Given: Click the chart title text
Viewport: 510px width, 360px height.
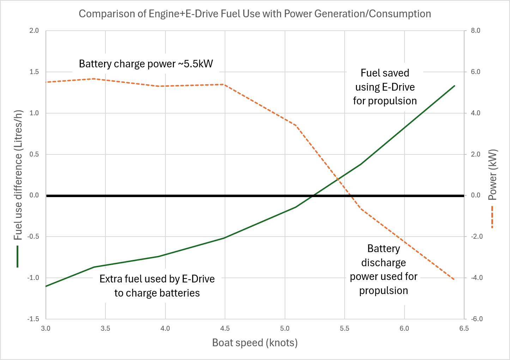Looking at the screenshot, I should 255,14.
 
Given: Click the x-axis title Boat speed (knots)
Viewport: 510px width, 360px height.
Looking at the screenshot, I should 255,342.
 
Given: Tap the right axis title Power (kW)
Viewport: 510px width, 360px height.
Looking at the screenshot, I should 492,175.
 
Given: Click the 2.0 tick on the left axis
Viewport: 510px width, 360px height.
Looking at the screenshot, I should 34,31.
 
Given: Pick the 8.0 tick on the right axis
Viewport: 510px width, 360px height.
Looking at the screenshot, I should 475,31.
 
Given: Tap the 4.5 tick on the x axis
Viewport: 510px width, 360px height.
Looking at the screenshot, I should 225,329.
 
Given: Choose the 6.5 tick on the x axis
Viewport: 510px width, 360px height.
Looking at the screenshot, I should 464,329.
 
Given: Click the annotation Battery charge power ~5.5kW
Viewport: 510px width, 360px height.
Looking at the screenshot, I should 146,64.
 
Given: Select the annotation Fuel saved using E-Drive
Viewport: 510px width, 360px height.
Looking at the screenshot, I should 385,87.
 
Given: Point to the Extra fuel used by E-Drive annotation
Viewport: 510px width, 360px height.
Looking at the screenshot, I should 157,286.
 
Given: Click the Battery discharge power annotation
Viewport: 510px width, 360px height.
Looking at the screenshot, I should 383,269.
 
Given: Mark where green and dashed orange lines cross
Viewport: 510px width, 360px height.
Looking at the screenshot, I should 338,179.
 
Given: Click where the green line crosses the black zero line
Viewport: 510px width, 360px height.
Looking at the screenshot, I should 312,196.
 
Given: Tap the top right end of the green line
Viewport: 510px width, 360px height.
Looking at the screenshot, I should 454,86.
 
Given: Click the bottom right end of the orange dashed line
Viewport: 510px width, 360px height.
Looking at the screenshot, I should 454,280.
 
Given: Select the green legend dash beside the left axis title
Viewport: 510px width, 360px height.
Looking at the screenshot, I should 17,256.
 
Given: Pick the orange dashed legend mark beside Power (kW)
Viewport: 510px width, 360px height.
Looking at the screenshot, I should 492,216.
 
